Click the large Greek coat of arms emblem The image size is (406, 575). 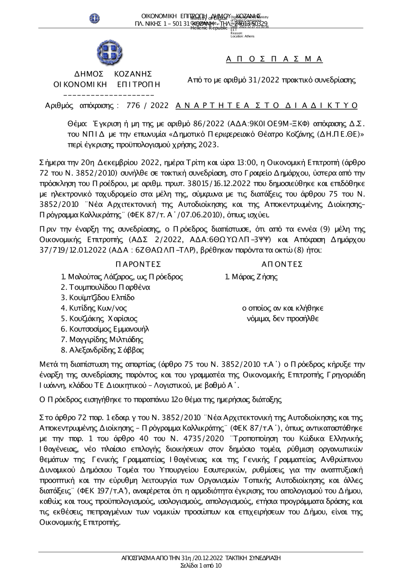point(108,53)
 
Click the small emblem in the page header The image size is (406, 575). point(95,18)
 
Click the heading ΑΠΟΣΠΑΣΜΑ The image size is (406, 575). point(274,59)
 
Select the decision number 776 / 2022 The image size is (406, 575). point(147,106)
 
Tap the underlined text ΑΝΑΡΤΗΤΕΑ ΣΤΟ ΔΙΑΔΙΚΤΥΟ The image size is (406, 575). point(267,106)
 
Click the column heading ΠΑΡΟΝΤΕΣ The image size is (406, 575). point(138,265)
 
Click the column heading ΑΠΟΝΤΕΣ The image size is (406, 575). point(282,265)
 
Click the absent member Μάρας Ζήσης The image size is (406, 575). point(254,277)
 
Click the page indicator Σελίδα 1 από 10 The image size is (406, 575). point(201,565)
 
